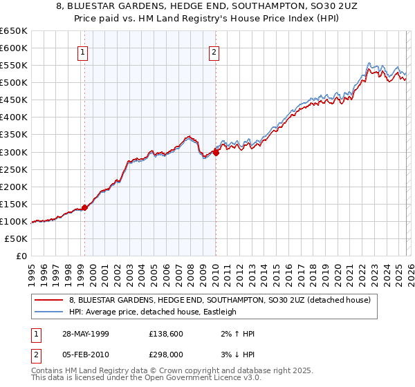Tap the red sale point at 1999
84,207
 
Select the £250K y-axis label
13,169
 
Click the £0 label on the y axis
21,256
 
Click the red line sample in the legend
50,300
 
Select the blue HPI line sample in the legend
50,312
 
